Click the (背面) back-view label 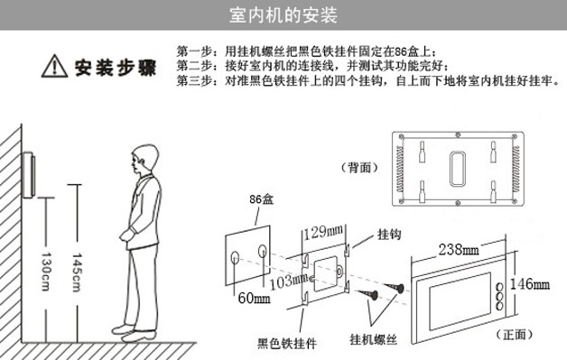pyautogui.click(x=359, y=167)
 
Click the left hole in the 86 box pyautogui.click(x=237, y=258)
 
